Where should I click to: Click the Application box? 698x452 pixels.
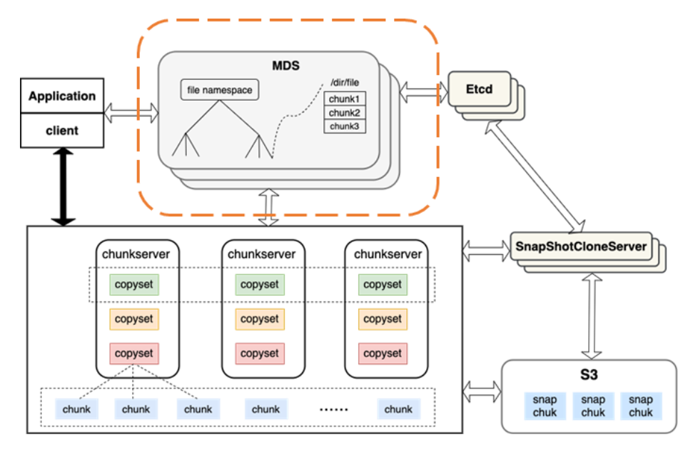[x=62, y=96]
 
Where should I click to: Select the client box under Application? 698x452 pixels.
[x=62, y=131]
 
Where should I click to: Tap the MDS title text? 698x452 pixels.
[x=285, y=66]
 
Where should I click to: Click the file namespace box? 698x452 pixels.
[x=219, y=91]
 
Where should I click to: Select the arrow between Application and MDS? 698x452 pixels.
[x=131, y=111]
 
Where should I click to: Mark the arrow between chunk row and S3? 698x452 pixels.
[x=482, y=390]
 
